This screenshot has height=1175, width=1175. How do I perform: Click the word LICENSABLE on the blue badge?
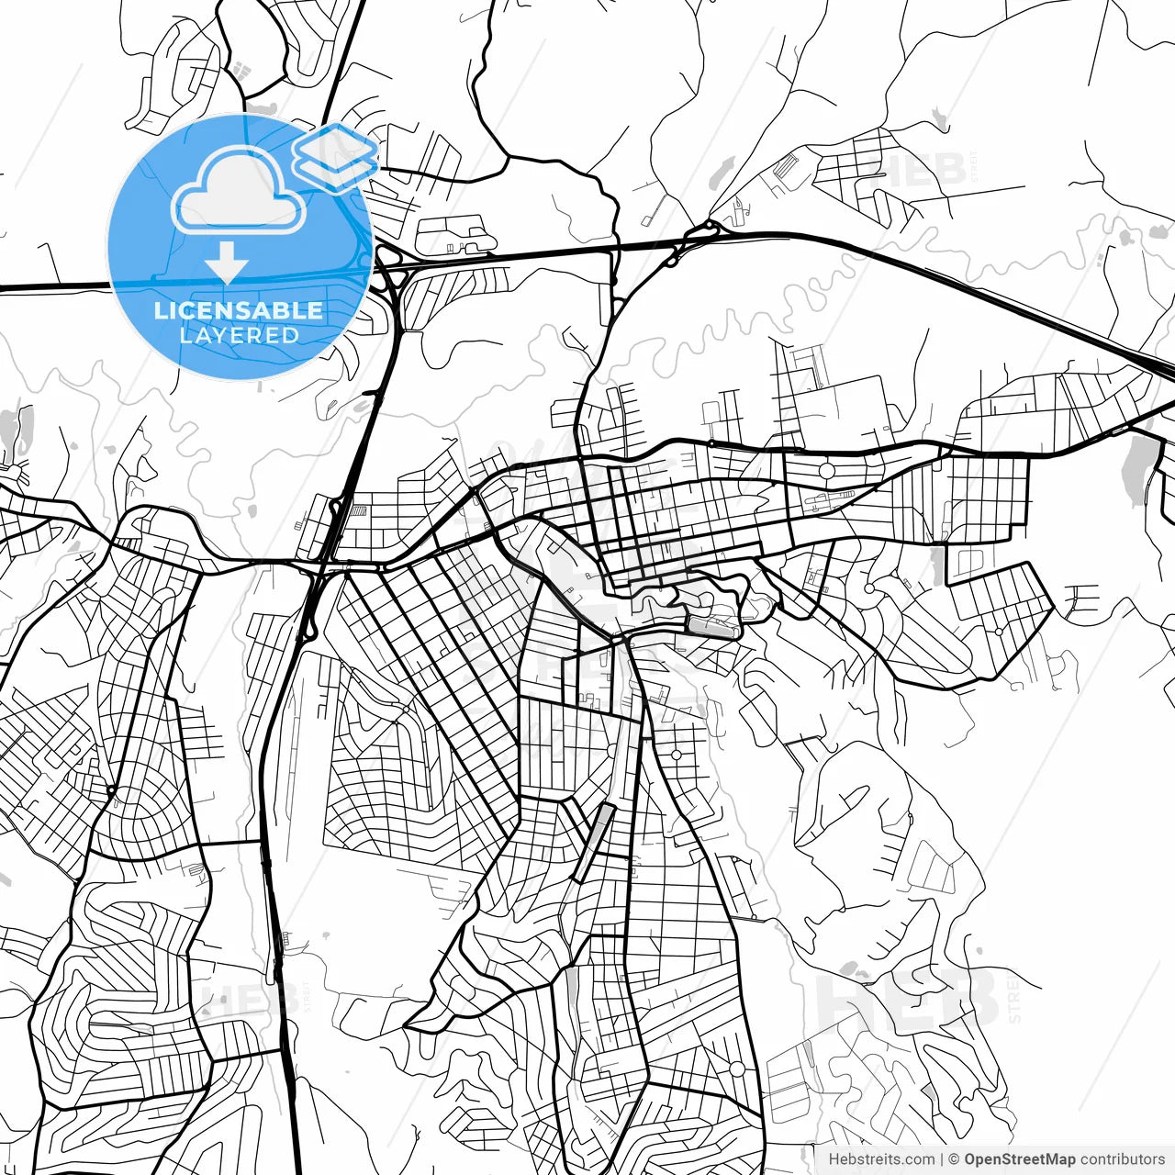click(x=239, y=310)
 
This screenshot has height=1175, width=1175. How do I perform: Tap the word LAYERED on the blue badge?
click(x=239, y=336)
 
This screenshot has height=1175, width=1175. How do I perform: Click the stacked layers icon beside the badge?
click(x=336, y=156)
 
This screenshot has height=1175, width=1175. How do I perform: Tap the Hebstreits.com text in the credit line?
click(x=881, y=1159)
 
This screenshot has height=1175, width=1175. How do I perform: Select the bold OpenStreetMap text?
click(x=1019, y=1159)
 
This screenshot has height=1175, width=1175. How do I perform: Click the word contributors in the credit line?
click(x=1122, y=1159)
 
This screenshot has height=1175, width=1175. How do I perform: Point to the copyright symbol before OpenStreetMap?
click(x=955, y=1159)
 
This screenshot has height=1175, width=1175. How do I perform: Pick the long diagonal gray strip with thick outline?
click(x=592, y=843)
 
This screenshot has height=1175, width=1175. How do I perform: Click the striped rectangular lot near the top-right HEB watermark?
click(x=788, y=168)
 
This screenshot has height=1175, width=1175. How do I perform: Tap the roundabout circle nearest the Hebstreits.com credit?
click(x=736, y=1069)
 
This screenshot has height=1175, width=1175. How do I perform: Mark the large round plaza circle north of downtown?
click(x=825, y=471)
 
